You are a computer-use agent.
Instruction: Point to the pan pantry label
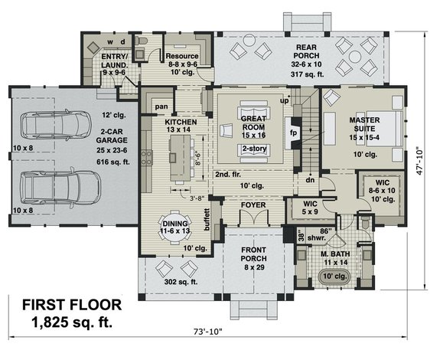pyautogui.click(x=161, y=106)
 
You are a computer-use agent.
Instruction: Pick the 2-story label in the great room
pyautogui.click(x=254, y=149)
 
